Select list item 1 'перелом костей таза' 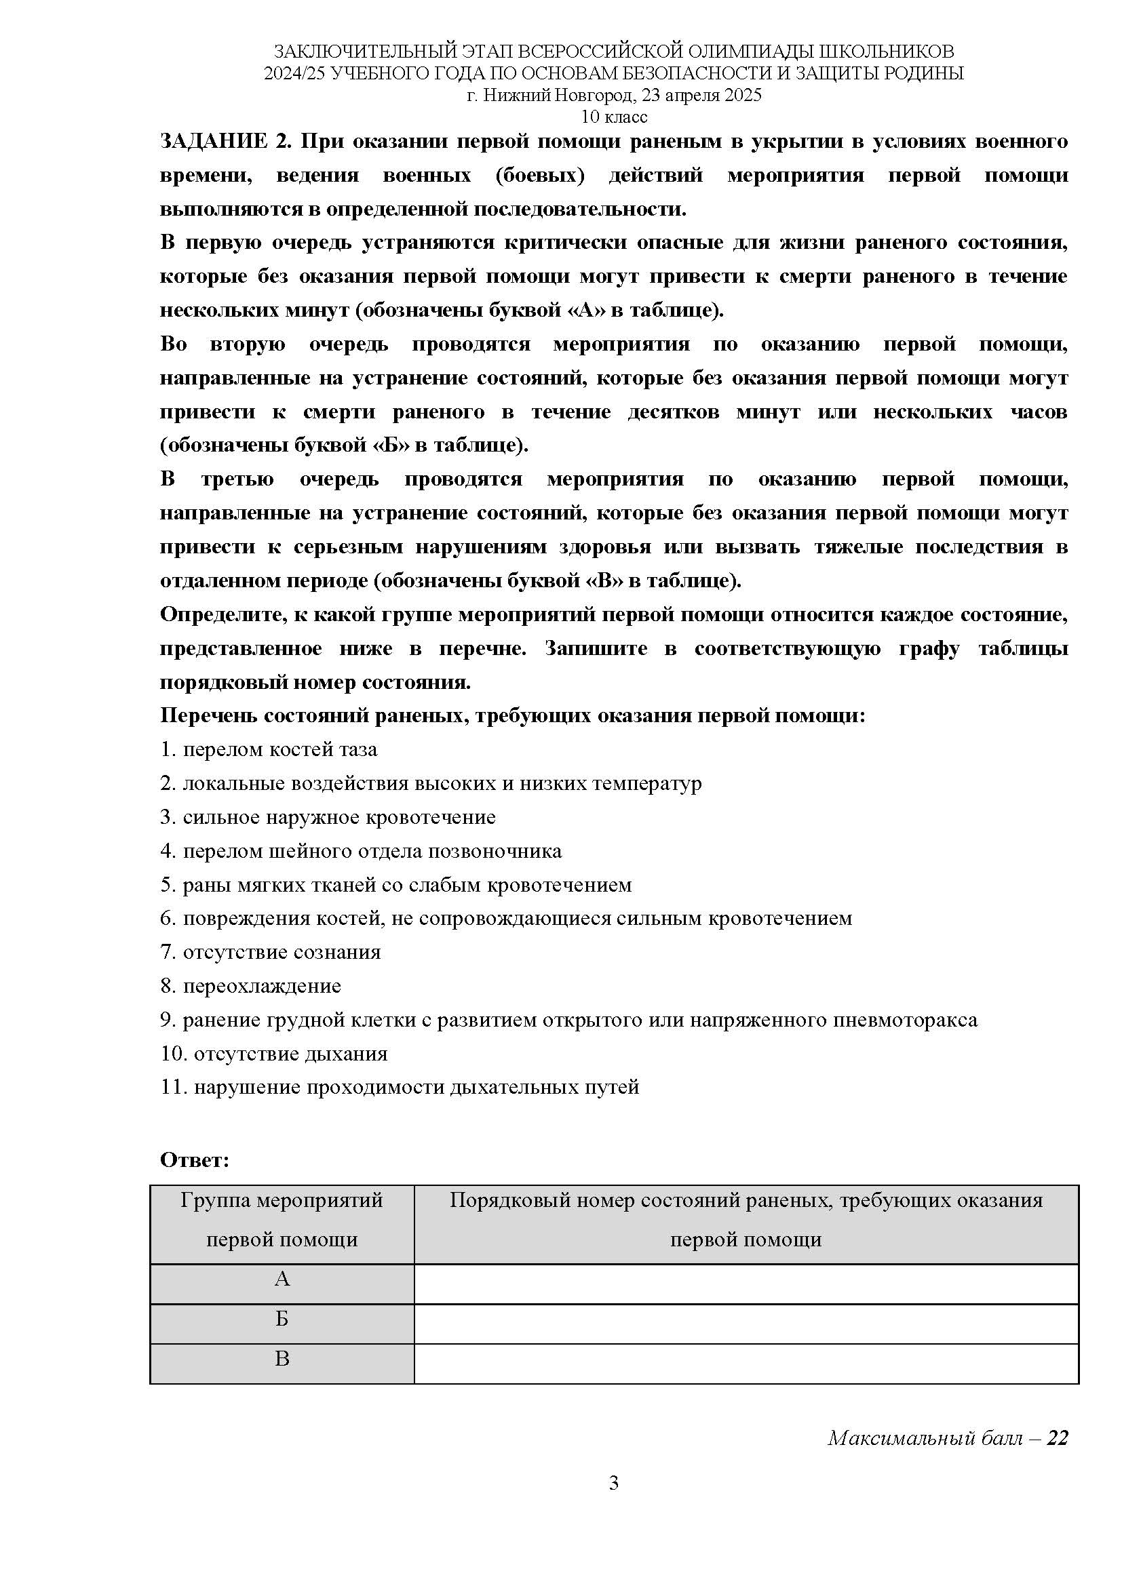269,749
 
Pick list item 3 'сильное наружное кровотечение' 328,817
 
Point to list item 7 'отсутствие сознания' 271,953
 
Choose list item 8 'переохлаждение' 251,987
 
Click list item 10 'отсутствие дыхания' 274,1054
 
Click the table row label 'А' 282,1280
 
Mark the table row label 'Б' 282,1320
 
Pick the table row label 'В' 282,1359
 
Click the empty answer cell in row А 746,1280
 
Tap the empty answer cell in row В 746,1360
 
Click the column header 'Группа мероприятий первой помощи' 282,1220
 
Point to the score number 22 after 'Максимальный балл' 1058,1438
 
